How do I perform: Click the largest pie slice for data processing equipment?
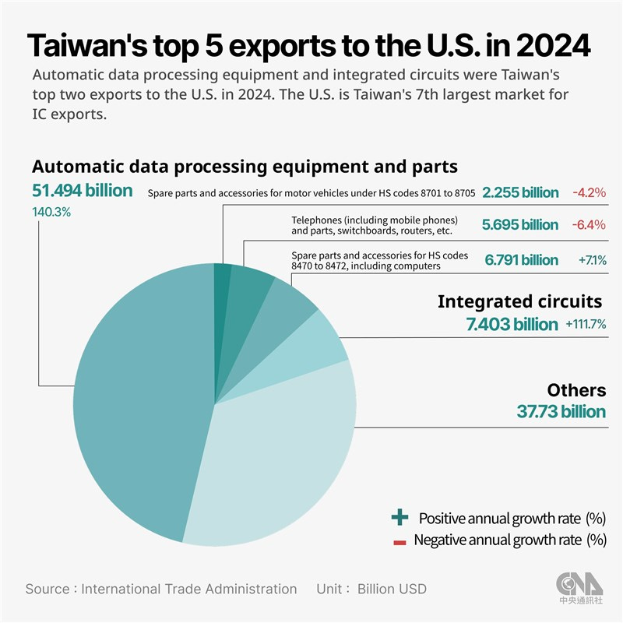tap(140, 405)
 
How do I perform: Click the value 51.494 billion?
tap(83, 191)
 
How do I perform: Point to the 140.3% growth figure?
tap(51, 212)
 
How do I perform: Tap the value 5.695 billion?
tap(520, 225)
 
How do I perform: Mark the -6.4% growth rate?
tap(589, 225)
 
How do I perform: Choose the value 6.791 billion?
tap(521, 259)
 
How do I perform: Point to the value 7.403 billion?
tap(512, 324)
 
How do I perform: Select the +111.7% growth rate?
tap(586, 324)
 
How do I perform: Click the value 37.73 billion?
tap(561, 412)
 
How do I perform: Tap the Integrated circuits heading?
tap(519, 301)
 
